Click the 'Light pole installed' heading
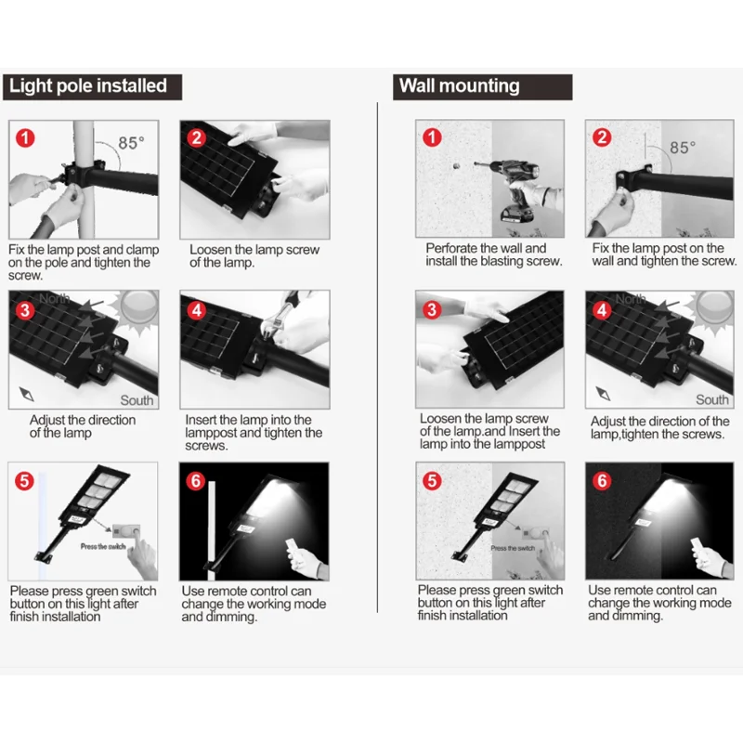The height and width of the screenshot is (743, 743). pos(88,86)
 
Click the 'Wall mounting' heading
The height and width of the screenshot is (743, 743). pos(459,85)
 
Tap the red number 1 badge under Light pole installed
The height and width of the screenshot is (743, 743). pos(25,138)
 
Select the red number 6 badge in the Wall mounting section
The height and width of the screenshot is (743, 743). pos(602,481)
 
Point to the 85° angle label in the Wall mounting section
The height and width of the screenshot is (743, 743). pos(683,148)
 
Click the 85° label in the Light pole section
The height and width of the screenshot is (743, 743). pos(131,143)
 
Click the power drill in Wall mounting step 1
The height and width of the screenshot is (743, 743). pos(516,189)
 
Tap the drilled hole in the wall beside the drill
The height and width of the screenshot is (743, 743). pos(456,166)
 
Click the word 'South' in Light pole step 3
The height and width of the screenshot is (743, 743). pos(137,400)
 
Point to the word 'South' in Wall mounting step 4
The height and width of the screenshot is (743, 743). pos(711,400)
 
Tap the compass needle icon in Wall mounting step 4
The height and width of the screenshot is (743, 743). pos(603,393)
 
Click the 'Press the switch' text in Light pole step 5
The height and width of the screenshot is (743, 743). pos(103,547)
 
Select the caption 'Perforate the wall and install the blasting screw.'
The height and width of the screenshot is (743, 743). pos(493,254)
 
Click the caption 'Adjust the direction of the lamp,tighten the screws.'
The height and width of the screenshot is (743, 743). pos(659,428)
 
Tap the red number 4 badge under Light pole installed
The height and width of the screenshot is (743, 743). pos(196,310)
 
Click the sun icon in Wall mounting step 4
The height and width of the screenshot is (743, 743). pos(713,308)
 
